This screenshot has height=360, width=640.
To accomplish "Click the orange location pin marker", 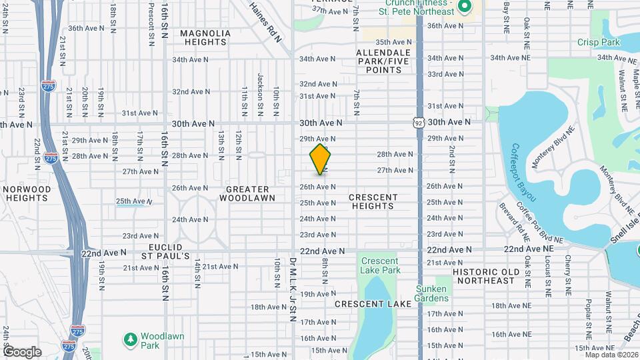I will pyautogui.click(x=321, y=159).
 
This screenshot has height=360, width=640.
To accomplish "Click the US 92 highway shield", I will pyautogui.click(x=418, y=123).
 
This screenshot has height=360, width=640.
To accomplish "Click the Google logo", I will pyautogui.click(x=22, y=352).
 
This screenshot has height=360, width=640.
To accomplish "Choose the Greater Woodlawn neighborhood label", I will pyautogui.click(x=243, y=194).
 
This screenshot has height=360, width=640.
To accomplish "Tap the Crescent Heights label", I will pyautogui.click(x=373, y=202).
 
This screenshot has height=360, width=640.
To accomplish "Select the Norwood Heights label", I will pyautogui.click(x=27, y=194).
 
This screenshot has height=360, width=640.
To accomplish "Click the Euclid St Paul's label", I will pyautogui.click(x=169, y=251).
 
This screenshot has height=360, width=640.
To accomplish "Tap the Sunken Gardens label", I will pyautogui.click(x=431, y=293).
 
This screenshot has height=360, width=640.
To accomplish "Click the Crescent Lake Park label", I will pyautogui.click(x=380, y=266).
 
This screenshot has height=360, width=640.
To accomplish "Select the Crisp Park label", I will pyautogui.click(x=589, y=42).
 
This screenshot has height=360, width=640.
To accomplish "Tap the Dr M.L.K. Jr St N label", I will pyautogui.click(x=292, y=289).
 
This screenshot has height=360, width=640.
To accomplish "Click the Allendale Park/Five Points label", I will pyautogui.click(x=383, y=61).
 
